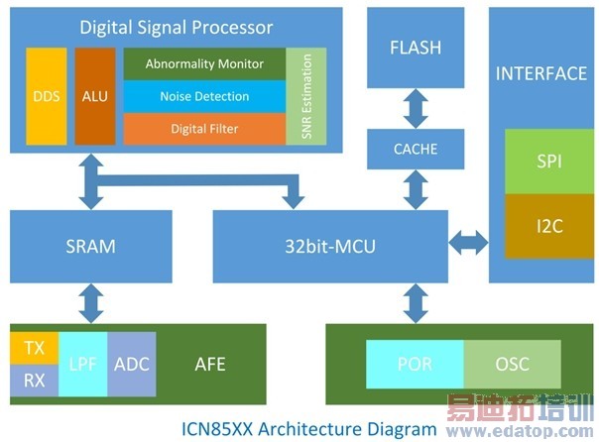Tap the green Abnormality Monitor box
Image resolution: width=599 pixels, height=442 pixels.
pos(204,63)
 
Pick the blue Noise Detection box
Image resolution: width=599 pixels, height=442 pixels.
pos(204,96)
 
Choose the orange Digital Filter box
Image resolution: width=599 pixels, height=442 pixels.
pos(204,128)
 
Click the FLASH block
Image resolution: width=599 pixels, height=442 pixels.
pos(416,48)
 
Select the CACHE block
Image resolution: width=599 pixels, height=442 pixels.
pos(416,150)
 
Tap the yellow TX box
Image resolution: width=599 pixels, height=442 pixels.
pos(34,348)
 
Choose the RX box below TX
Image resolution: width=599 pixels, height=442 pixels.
pos(34,380)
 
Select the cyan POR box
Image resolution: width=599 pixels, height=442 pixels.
pos(414,364)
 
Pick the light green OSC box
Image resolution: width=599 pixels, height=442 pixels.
pos(512,364)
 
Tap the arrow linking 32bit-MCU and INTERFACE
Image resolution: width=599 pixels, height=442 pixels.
pos(468,241)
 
